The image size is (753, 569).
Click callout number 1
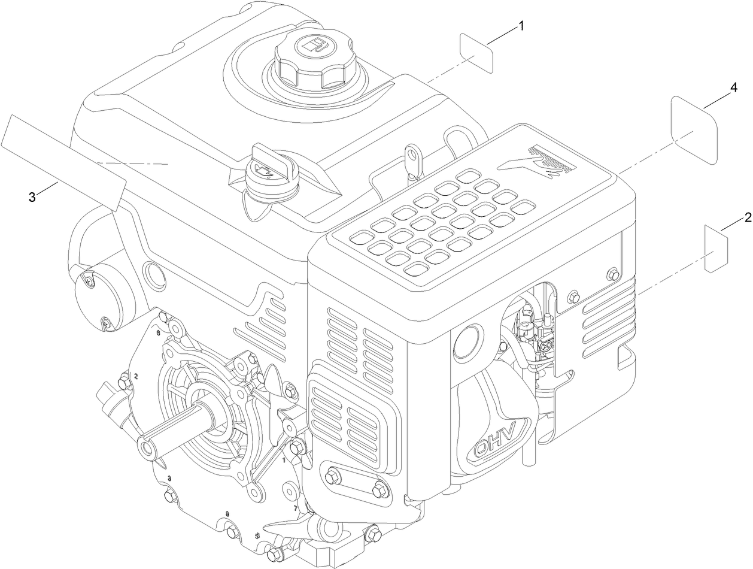(x=521, y=26)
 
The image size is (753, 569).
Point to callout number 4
(x=733, y=88)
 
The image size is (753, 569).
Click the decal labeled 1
(x=476, y=53)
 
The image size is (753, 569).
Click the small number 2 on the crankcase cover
(x=136, y=376)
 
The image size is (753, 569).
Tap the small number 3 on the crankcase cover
(x=170, y=478)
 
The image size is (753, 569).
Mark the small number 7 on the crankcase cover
(x=295, y=508)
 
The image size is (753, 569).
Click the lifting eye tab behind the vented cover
(x=411, y=155)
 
